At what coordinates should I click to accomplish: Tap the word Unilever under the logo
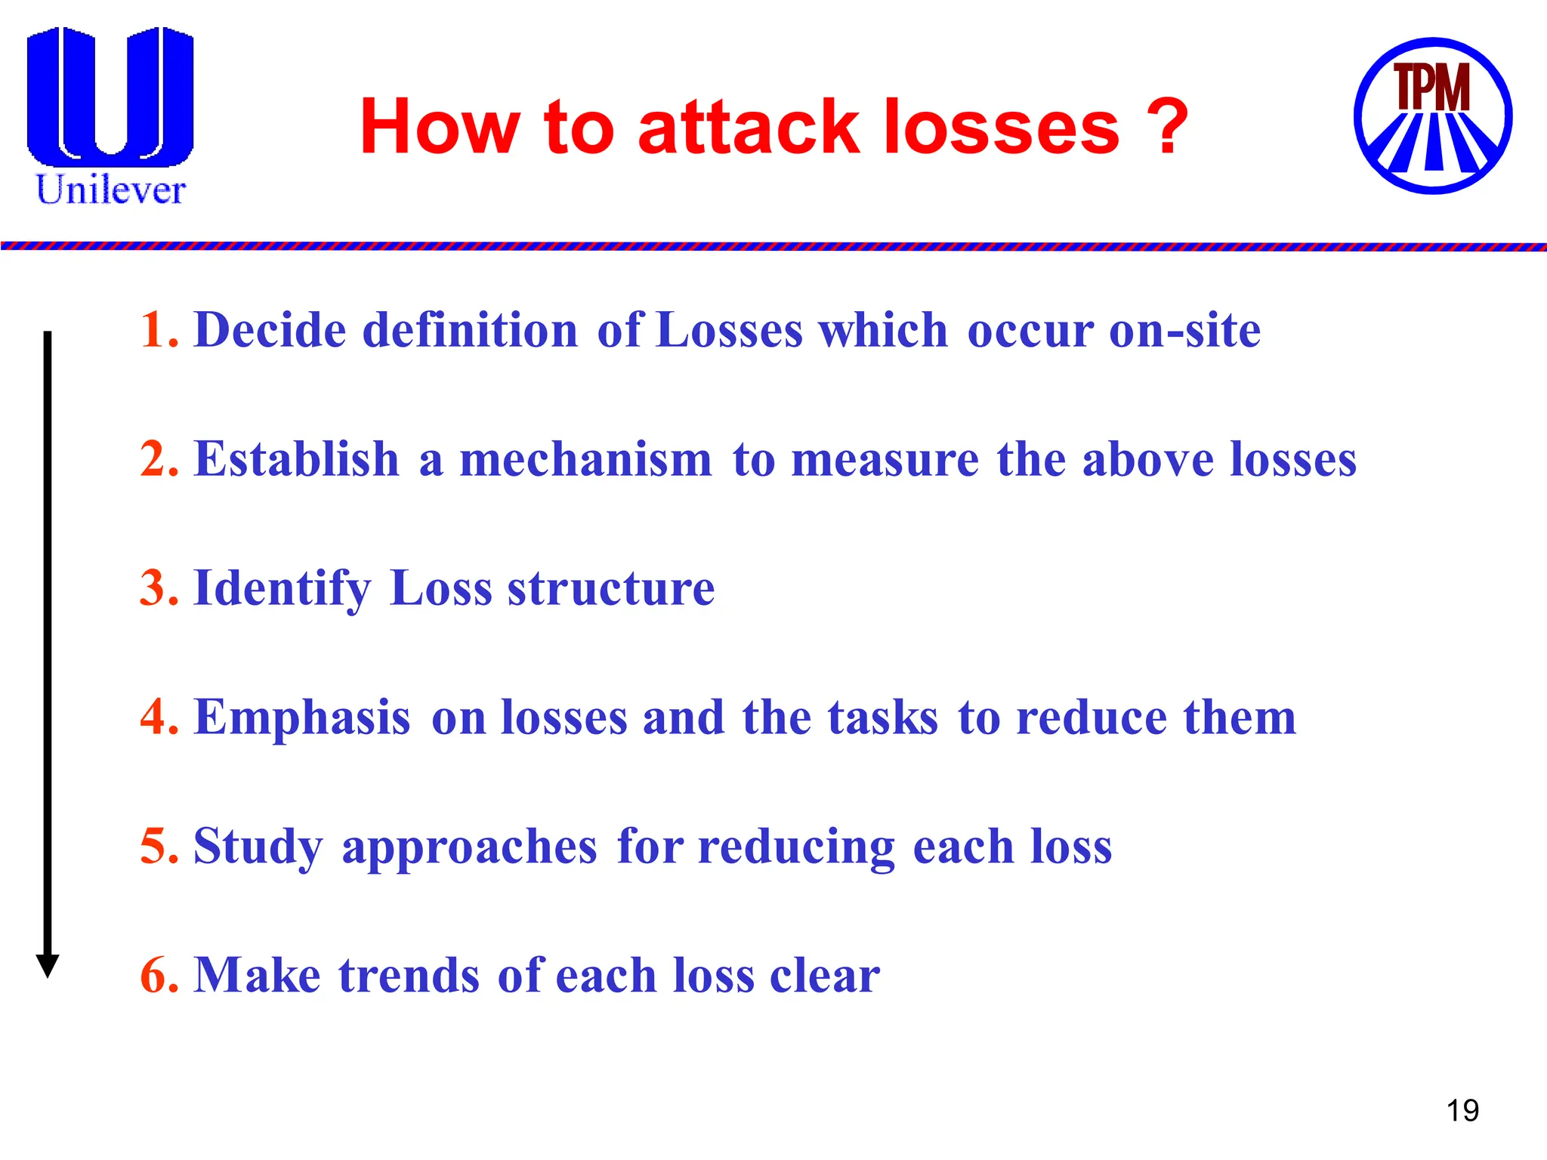[x=110, y=190]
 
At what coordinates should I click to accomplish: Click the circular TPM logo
[x=1432, y=116]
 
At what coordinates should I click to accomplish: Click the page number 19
[x=1462, y=1111]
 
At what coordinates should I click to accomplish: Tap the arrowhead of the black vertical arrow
[x=48, y=965]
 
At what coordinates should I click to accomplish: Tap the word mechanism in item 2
[x=585, y=459]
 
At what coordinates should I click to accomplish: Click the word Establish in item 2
[x=296, y=459]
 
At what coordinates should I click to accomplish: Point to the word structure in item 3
[x=610, y=588]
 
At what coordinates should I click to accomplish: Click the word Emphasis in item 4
[x=302, y=717]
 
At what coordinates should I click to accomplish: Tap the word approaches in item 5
[x=469, y=847]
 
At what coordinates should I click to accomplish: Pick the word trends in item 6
[x=409, y=975]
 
